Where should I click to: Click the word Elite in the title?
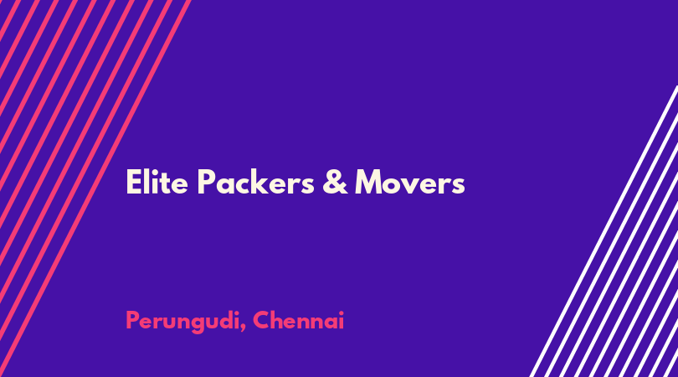coord(157,183)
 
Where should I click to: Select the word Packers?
coord(255,183)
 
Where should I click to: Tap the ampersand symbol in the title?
coord(335,183)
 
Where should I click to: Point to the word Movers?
coord(410,183)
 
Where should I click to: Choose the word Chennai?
coord(298,320)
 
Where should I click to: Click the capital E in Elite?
coord(134,183)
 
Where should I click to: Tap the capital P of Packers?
coord(207,183)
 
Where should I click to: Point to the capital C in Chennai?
coord(262,320)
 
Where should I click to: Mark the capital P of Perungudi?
coord(133,320)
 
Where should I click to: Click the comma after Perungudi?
coord(243,328)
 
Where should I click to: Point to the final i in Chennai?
coord(342,320)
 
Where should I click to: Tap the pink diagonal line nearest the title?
coord(95,188)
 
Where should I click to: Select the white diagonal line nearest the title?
coord(604,231)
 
